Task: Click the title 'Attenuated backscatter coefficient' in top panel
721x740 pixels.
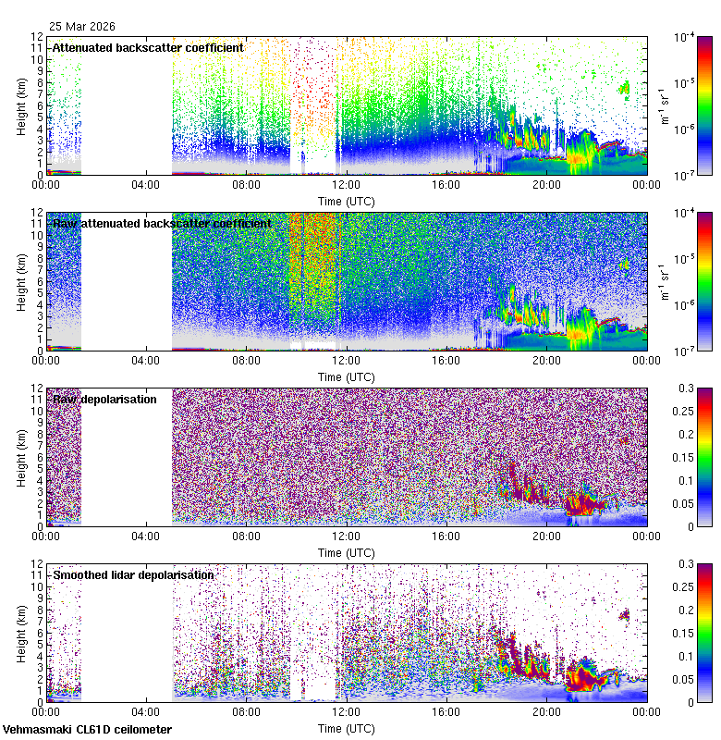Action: pyautogui.click(x=148, y=47)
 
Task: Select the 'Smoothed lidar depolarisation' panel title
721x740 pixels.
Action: pyautogui.click(x=133, y=574)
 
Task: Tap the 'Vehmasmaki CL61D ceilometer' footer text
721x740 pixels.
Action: pyautogui.click(x=87, y=730)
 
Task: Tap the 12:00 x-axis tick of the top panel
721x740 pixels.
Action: pyautogui.click(x=347, y=184)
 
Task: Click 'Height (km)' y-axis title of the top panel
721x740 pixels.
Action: pyautogui.click(x=20, y=105)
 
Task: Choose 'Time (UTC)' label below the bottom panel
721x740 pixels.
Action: pyautogui.click(x=346, y=728)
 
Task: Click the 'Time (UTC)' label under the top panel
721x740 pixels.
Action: pyautogui.click(x=346, y=200)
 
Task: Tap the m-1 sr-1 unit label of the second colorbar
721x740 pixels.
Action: pyautogui.click(x=663, y=282)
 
